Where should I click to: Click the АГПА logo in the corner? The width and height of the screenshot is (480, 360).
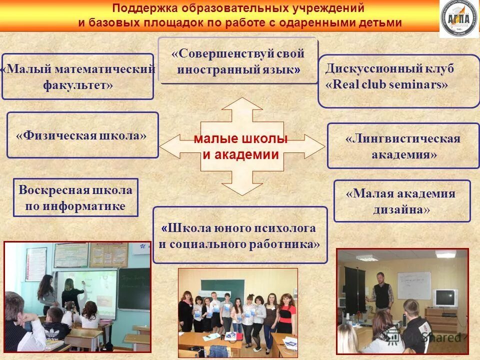(458, 18)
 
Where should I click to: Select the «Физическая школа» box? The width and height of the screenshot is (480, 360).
(82, 135)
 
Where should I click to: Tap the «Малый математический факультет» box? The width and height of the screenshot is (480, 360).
(78, 76)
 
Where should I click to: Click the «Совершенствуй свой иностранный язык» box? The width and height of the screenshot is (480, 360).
(238, 61)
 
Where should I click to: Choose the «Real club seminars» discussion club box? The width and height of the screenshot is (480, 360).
(398, 81)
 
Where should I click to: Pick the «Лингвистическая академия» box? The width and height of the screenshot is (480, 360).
(403, 146)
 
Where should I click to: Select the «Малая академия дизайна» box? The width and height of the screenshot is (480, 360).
(401, 201)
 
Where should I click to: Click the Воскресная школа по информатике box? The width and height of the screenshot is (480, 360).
(75, 197)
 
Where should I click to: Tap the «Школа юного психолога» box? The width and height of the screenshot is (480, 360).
(239, 235)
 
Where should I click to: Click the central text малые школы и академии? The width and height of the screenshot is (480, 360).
(241, 147)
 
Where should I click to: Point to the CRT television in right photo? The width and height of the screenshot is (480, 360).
(444, 298)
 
